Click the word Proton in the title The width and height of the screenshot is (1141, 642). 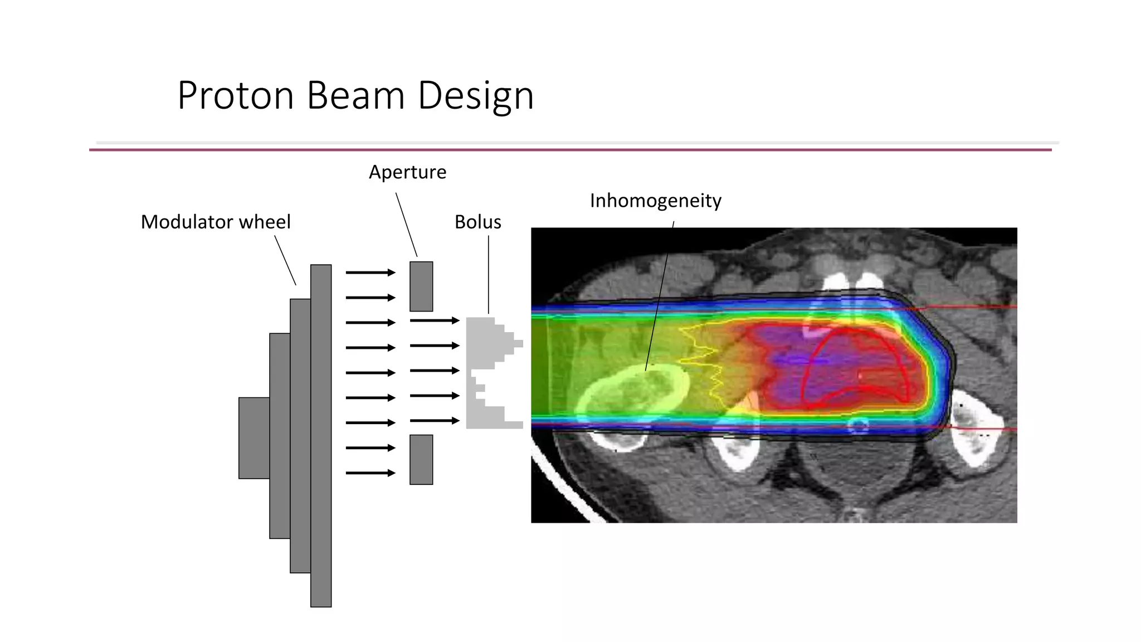[x=235, y=95]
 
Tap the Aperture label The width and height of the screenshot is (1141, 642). [x=407, y=172]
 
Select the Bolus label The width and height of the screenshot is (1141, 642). [x=477, y=222]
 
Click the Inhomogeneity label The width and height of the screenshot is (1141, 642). [x=655, y=201]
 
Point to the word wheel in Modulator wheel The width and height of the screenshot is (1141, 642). [x=265, y=222]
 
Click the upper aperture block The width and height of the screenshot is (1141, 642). [x=421, y=286]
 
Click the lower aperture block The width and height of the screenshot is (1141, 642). [x=421, y=459]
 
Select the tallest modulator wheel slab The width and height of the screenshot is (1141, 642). [x=321, y=435]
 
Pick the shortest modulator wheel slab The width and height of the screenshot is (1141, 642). [x=254, y=438]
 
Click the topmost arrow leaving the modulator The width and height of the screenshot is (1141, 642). [x=370, y=273]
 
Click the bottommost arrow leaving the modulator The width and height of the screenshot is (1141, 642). [x=370, y=473]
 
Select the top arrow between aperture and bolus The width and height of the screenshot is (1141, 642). [x=434, y=320]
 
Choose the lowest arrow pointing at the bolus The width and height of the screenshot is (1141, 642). [x=434, y=421]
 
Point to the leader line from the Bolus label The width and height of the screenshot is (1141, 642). [x=489, y=273]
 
